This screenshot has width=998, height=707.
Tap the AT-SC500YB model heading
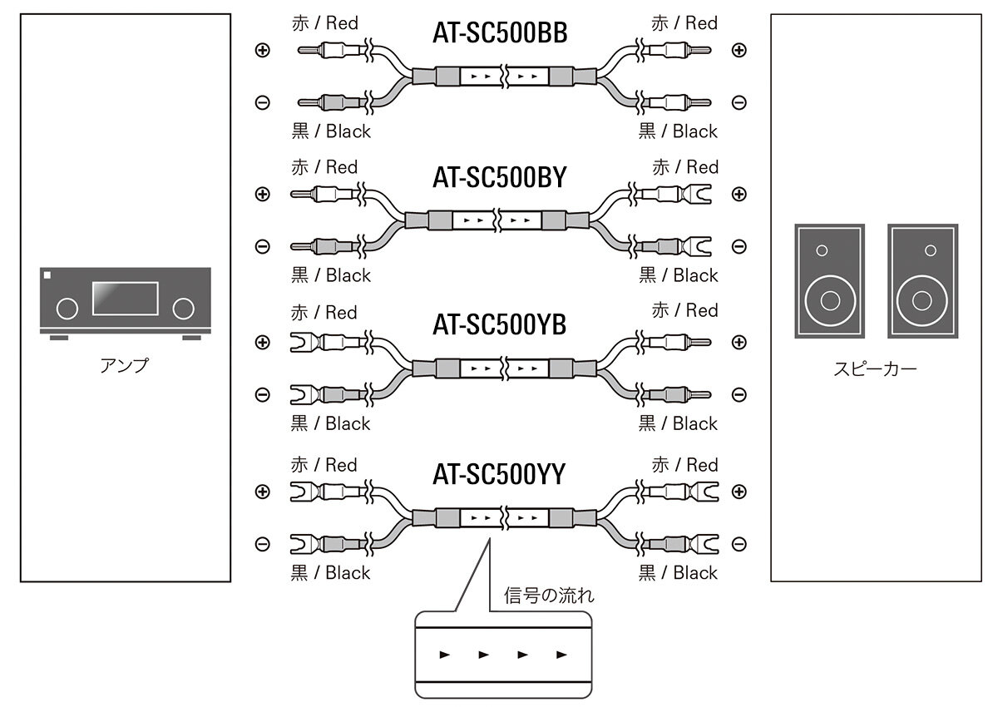coord(500,324)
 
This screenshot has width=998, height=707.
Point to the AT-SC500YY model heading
coord(500,474)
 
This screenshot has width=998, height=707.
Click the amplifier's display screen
coord(125,299)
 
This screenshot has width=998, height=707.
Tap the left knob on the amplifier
coord(67,309)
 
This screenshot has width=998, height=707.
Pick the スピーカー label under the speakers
coord(876,368)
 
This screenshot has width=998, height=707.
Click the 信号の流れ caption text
coord(549,596)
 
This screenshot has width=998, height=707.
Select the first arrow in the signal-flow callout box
coord(445,655)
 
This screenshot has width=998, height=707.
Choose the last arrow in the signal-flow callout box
coord(561,655)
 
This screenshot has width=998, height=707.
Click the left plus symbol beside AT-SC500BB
coord(262,50)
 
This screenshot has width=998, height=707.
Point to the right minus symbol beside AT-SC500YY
coord(739,544)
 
